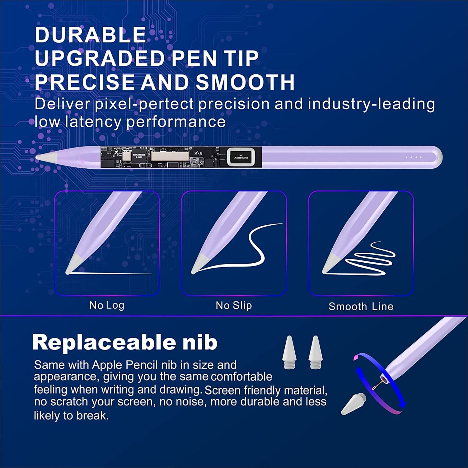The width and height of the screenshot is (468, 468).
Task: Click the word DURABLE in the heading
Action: click(x=90, y=35)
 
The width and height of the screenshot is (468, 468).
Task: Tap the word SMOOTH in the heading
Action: click(x=245, y=82)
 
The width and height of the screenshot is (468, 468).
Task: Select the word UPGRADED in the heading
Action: click(x=100, y=58)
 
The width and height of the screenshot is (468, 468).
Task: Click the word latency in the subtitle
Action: click(x=94, y=122)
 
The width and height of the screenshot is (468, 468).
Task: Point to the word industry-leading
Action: click(x=371, y=104)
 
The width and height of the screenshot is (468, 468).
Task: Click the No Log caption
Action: click(x=107, y=305)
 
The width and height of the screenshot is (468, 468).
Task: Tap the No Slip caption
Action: click(x=234, y=305)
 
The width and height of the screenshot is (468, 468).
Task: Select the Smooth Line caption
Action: click(x=361, y=306)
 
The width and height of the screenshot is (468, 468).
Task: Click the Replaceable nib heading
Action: click(x=125, y=342)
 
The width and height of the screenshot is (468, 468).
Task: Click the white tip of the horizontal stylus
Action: click(x=45, y=157)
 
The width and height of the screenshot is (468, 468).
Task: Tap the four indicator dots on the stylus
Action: click(x=414, y=157)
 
